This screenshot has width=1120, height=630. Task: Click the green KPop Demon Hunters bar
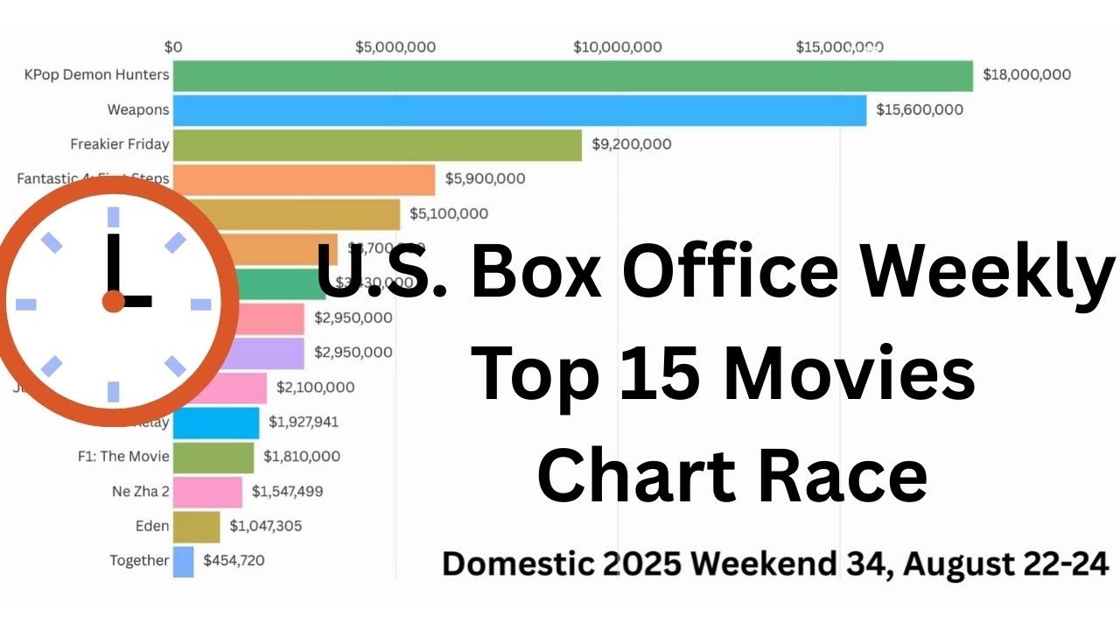(572, 75)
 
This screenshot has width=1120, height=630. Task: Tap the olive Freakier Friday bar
(377, 144)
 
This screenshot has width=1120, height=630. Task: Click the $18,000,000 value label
(1026, 75)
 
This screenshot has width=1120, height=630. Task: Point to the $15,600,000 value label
(920, 110)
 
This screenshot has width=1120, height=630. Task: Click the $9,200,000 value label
(632, 144)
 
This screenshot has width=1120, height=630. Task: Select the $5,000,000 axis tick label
(395, 47)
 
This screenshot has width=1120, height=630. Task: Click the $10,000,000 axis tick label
(618, 47)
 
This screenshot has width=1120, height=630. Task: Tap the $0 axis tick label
(173, 47)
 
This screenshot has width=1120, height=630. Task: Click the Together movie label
(139, 561)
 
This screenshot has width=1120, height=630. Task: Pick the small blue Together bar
(183, 561)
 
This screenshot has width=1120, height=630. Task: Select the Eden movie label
(152, 527)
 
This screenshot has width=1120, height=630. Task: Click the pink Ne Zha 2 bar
(207, 492)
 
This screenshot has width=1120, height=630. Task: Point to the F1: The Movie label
(123, 457)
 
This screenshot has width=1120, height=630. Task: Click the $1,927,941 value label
(304, 423)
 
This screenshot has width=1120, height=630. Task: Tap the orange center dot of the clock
(114, 302)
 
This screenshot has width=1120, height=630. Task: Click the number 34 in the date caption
(848, 563)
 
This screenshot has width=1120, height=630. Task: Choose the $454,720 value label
(234, 561)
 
